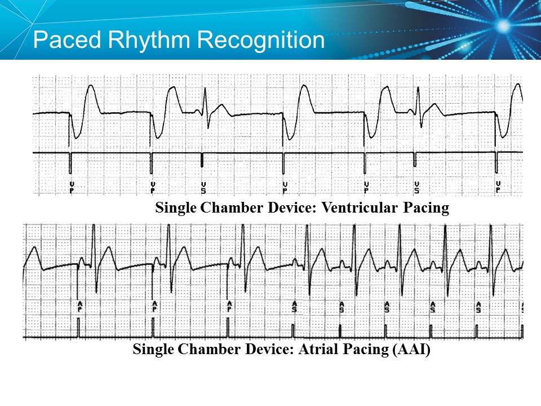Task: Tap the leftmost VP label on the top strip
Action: pos(72,188)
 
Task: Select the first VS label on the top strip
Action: pos(203,188)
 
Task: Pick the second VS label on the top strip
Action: pos(416,188)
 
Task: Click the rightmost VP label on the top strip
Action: pos(498,188)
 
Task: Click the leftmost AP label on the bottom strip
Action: pos(79,307)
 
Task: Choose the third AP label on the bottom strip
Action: pos(229,307)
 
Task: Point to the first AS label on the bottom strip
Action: pos(294,307)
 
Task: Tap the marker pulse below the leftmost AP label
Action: pos(79,328)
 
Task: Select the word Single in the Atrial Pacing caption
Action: pos(153,350)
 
